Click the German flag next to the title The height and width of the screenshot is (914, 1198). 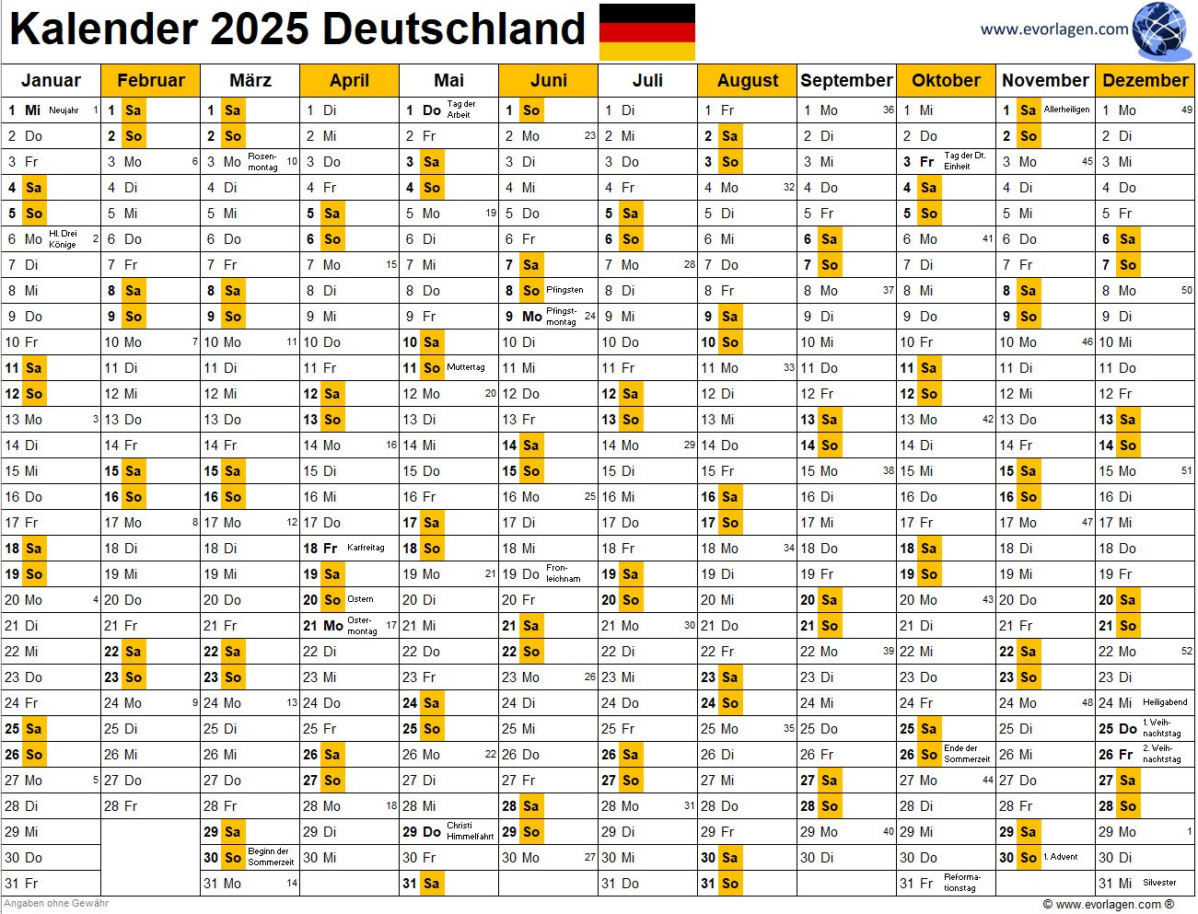click(646, 31)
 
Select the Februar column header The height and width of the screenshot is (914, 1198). click(151, 81)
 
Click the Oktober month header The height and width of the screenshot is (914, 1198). click(946, 81)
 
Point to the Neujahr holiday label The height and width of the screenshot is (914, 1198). click(64, 110)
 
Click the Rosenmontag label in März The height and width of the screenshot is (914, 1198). click(262, 162)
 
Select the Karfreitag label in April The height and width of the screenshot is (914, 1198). click(366, 549)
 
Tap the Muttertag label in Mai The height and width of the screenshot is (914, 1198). click(465, 368)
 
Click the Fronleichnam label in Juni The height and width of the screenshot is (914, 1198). click(563, 573)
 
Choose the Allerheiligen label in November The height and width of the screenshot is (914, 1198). click(1066, 110)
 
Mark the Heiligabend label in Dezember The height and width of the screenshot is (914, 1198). click(1165, 702)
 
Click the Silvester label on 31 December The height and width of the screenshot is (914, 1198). click(1159, 883)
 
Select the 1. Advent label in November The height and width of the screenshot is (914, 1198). click(1062, 857)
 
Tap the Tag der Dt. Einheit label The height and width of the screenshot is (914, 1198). click(964, 161)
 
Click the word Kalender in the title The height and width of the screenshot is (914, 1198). click(104, 29)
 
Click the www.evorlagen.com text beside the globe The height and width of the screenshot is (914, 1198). click(1053, 29)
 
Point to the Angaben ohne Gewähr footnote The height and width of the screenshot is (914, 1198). click(57, 904)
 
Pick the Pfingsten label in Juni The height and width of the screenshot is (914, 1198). click(564, 290)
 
